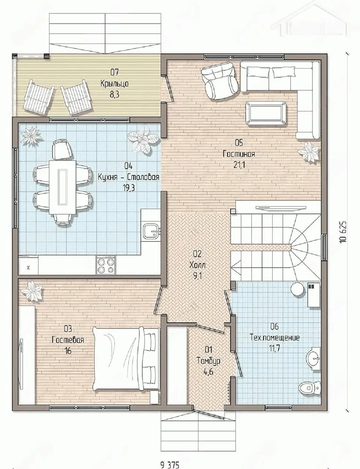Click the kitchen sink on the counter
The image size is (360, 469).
pos(152,231)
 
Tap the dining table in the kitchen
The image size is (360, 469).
pos(63,187)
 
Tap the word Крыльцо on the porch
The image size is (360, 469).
pos(114,84)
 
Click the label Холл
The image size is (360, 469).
pos(197,265)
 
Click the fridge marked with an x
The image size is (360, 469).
pos(28,265)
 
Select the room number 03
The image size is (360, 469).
pos(68,329)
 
